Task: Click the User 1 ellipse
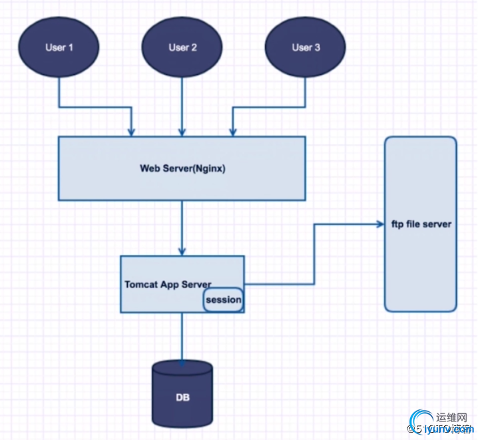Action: tap(59, 47)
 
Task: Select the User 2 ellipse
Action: tap(182, 47)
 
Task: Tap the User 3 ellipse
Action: tap(306, 47)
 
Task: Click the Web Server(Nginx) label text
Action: tap(182, 168)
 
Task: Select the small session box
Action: tap(223, 300)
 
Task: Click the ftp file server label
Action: tap(421, 224)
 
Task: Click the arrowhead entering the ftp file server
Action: tap(380, 224)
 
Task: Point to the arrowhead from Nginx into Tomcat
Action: tap(182, 251)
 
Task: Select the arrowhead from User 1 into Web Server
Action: tap(132, 132)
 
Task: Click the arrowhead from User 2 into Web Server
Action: tap(182, 132)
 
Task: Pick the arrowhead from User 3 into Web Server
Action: tap(232, 132)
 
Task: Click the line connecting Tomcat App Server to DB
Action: tap(182, 336)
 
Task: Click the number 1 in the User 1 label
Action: tap(71, 47)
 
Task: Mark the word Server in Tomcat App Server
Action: tap(198, 284)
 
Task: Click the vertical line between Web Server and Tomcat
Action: tap(182, 223)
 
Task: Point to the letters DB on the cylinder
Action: tap(182, 398)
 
